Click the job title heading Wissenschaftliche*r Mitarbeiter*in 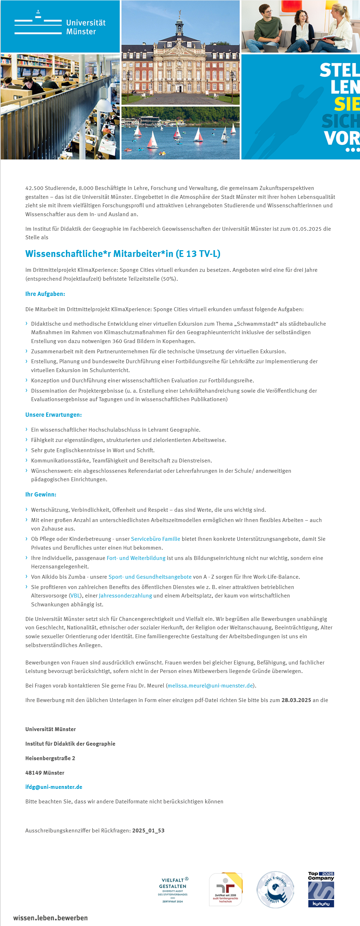(x=123, y=254)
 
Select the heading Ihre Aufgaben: (x=45, y=294)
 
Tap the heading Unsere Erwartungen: (x=53, y=415)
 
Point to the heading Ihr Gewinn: (x=41, y=494)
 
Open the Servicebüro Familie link (x=156, y=539)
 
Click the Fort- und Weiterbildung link (x=136, y=558)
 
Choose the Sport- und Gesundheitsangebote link (x=150, y=577)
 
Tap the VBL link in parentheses (x=75, y=596)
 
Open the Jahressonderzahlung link (x=125, y=596)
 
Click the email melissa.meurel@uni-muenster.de (x=210, y=685)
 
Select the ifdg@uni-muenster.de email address (x=54, y=787)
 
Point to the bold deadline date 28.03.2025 (x=296, y=700)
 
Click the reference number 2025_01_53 (x=148, y=830)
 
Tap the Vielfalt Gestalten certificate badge (x=173, y=890)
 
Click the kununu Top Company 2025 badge (x=321, y=889)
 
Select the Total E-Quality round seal (x=275, y=890)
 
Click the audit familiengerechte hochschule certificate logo (x=225, y=889)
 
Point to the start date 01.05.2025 (x=306, y=229)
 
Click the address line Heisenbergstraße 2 (x=50, y=758)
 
